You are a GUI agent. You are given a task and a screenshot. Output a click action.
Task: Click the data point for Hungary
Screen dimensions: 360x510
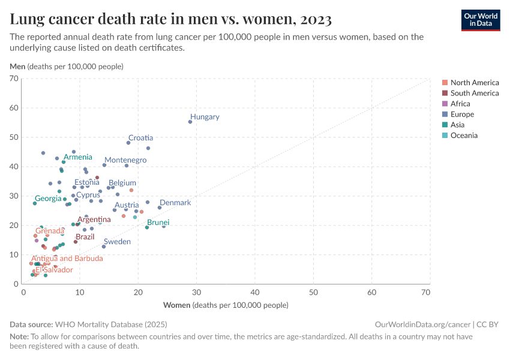pyautogui.click(x=190, y=122)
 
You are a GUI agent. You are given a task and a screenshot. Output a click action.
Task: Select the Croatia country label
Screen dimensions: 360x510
pyautogui.click(x=140, y=138)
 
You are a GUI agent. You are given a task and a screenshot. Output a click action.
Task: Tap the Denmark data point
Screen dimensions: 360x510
pyautogui.click(x=160, y=208)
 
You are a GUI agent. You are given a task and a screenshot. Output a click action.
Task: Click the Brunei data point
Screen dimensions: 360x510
pyautogui.click(x=147, y=227)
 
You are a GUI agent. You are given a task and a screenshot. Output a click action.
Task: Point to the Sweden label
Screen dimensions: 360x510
pyautogui.click(x=117, y=241)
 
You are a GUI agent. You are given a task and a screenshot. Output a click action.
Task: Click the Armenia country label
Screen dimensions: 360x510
pyautogui.click(x=78, y=157)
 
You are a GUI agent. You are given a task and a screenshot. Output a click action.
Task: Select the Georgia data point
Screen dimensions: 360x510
pyautogui.click(x=35, y=203)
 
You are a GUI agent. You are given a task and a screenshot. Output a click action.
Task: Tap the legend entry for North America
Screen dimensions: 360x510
pyautogui.click(x=474, y=83)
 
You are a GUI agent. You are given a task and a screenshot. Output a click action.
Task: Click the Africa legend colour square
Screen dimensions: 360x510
pyautogui.click(x=445, y=104)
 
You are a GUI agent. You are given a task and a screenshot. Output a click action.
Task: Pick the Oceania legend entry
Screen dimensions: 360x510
pyautogui.click(x=464, y=136)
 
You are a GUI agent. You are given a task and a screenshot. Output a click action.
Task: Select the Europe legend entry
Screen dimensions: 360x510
pyautogui.click(x=462, y=115)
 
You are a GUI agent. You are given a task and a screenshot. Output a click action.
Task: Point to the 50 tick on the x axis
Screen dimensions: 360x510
pyautogui.click(x=314, y=292)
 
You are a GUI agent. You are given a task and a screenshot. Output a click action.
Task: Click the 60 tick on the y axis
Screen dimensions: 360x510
pyautogui.click(x=15, y=108)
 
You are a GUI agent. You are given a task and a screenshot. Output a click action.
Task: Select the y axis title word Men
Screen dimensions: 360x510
pyautogui.click(x=17, y=66)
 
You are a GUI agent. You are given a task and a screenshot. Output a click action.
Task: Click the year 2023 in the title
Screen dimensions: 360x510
pyautogui.click(x=314, y=19)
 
